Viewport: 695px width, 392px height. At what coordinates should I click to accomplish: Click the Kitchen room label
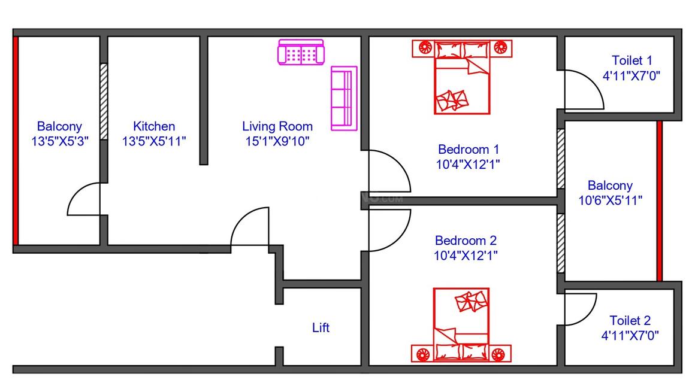[x=154, y=126]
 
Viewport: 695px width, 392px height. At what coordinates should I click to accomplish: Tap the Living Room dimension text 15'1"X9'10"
[x=277, y=141]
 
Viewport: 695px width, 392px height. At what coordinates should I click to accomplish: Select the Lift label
[x=321, y=328]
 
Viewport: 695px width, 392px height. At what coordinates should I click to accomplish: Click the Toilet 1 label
[x=631, y=60]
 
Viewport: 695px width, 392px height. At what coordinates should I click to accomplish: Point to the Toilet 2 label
[x=630, y=320]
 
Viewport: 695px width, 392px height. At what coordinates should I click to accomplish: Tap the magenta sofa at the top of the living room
[x=300, y=53]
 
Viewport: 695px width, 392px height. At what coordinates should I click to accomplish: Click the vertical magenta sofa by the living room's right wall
[x=344, y=98]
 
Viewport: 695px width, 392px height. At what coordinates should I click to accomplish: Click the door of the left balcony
[x=84, y=199]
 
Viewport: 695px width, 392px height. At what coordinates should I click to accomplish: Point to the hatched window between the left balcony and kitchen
[x=104, y=102]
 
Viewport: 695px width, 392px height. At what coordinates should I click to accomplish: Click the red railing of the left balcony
[x=16, y=141]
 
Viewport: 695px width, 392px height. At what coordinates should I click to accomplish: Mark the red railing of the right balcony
[x=659, y=200]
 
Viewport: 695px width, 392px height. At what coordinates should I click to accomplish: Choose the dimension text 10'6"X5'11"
[x=610, y=200]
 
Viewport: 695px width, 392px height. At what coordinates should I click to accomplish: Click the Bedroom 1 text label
[x=468, y=149]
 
